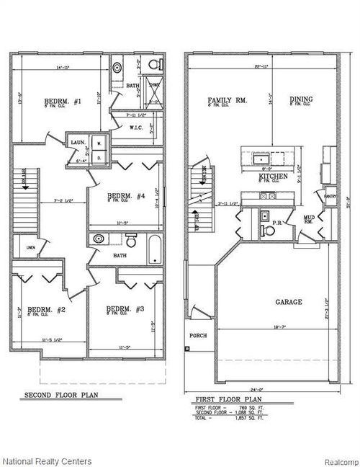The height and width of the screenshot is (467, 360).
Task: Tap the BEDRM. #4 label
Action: [x=127, y=196]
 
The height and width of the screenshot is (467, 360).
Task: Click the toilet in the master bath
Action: [x=153, y=66]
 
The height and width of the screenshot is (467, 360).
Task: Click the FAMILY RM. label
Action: [x=227, y=100]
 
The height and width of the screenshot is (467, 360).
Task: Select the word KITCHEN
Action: [x=274, y=176]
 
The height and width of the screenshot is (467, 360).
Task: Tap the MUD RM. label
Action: [x=308, y=219]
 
